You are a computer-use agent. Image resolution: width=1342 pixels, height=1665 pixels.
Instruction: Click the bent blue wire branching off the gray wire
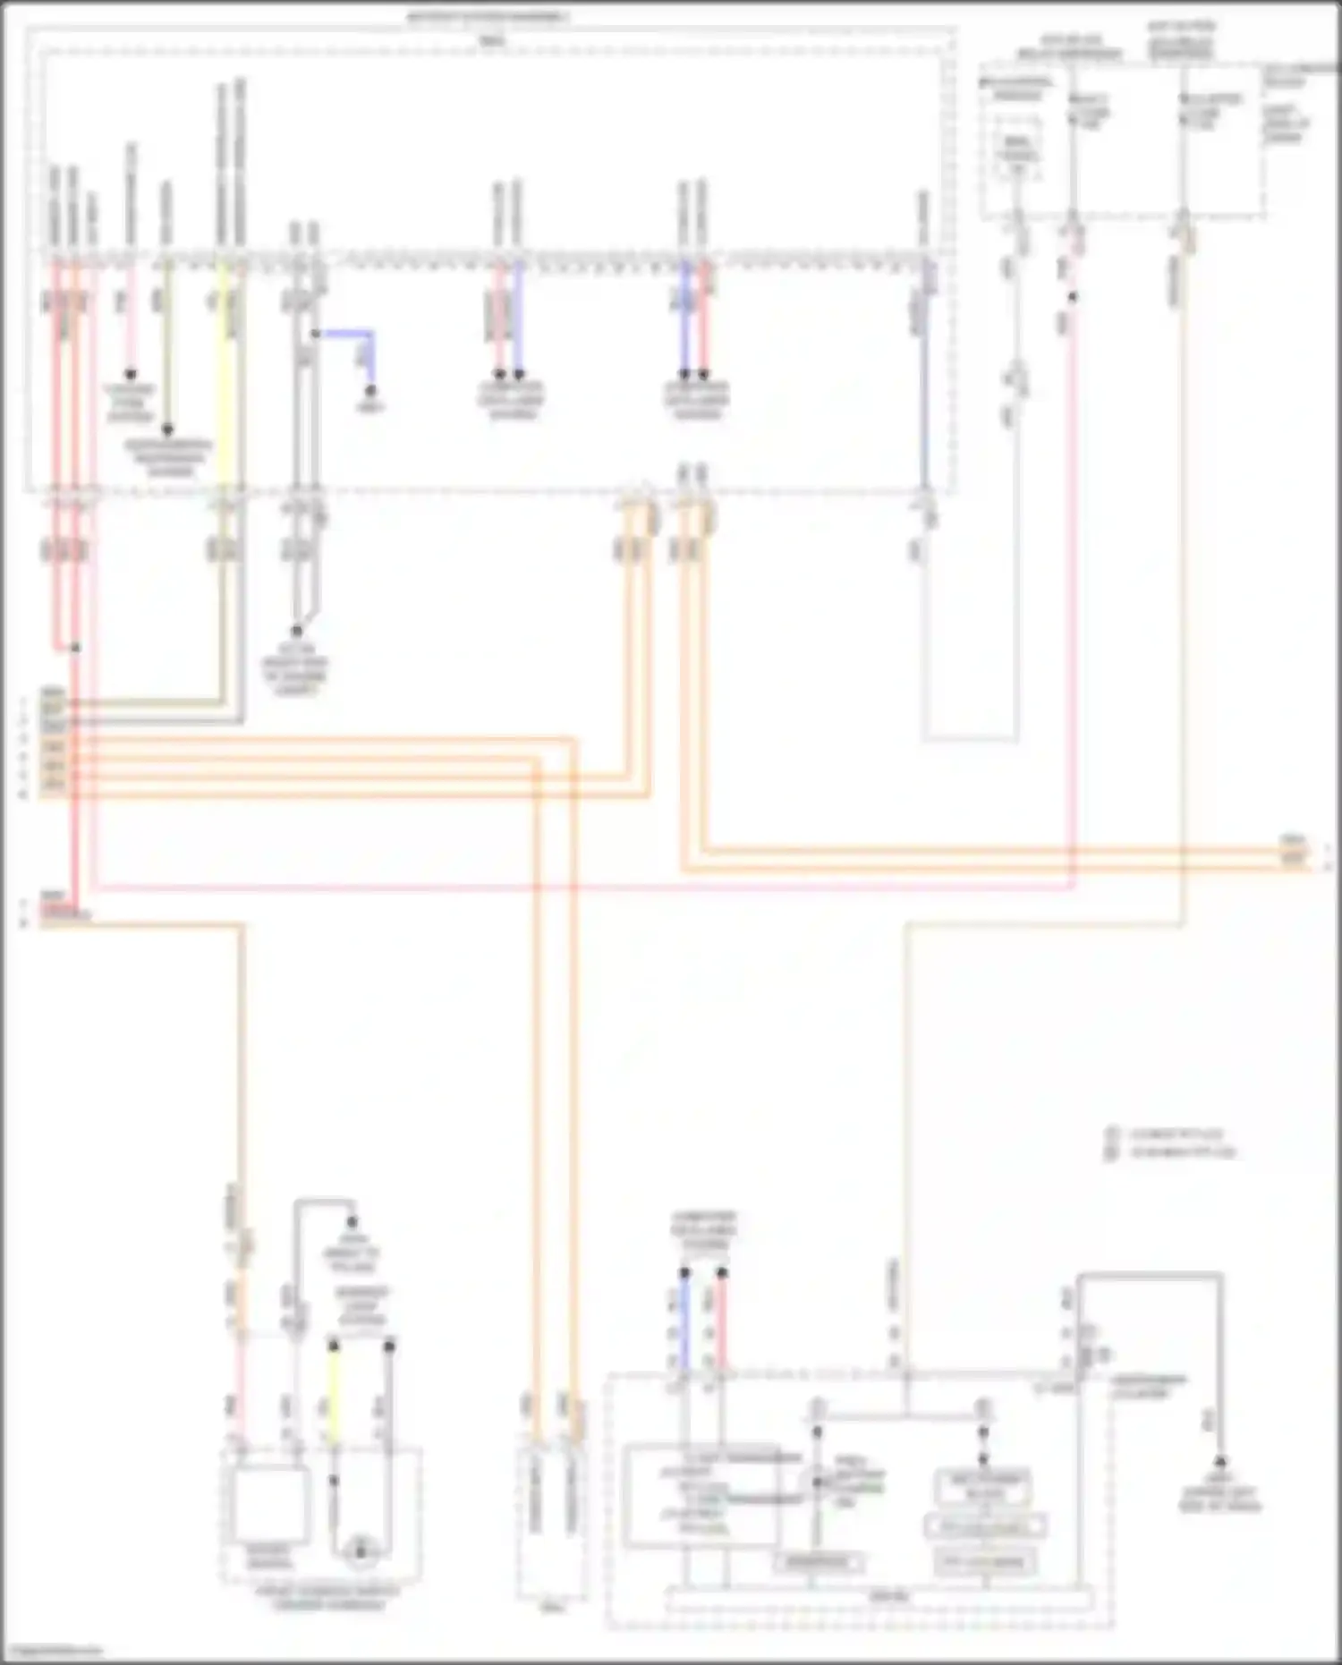pos(349,333)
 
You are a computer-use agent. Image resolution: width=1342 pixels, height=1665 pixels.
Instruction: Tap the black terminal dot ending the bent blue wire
pos(371,392)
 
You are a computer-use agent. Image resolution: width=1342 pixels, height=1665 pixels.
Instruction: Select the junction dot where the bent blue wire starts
pos(315,334)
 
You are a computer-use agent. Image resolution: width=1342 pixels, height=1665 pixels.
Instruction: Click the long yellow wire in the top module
pos(225,376)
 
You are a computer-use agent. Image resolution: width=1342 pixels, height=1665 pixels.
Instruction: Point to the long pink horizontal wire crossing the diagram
pos(582,888)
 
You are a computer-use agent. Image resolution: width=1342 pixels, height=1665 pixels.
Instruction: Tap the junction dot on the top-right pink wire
pos(1074,296)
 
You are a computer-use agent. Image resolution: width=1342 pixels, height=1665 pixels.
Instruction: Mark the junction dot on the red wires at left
pos(76,647)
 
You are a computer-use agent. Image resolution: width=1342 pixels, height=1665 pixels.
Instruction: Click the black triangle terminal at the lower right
pos(1219,1459)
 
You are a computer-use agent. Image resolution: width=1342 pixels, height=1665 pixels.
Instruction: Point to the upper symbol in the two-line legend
pos(1112,1134)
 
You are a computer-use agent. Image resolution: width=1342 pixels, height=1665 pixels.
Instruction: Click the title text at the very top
pos(488,17)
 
